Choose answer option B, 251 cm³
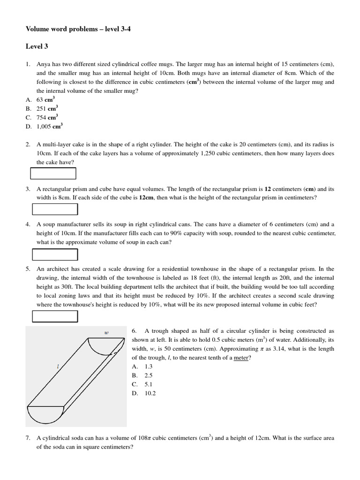pyautogui.click(x=47, y=108)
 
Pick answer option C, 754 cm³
pyautogui.click(x=47, y=117)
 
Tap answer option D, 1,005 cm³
pyautogui.click(x=50, y=126)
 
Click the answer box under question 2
pyautogui.click(x=53, y=173)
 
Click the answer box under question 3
pyautogui.click(x=54, y=209)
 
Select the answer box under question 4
pyautogui.click(x=54, y=254)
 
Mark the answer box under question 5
pyautogui.click(x=54, y=316)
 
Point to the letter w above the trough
pyautogui.click(x=106, y=332)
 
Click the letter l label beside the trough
pyautogui.click(x=58, y=367)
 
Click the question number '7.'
pyautogui.click(x=29, y=438)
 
